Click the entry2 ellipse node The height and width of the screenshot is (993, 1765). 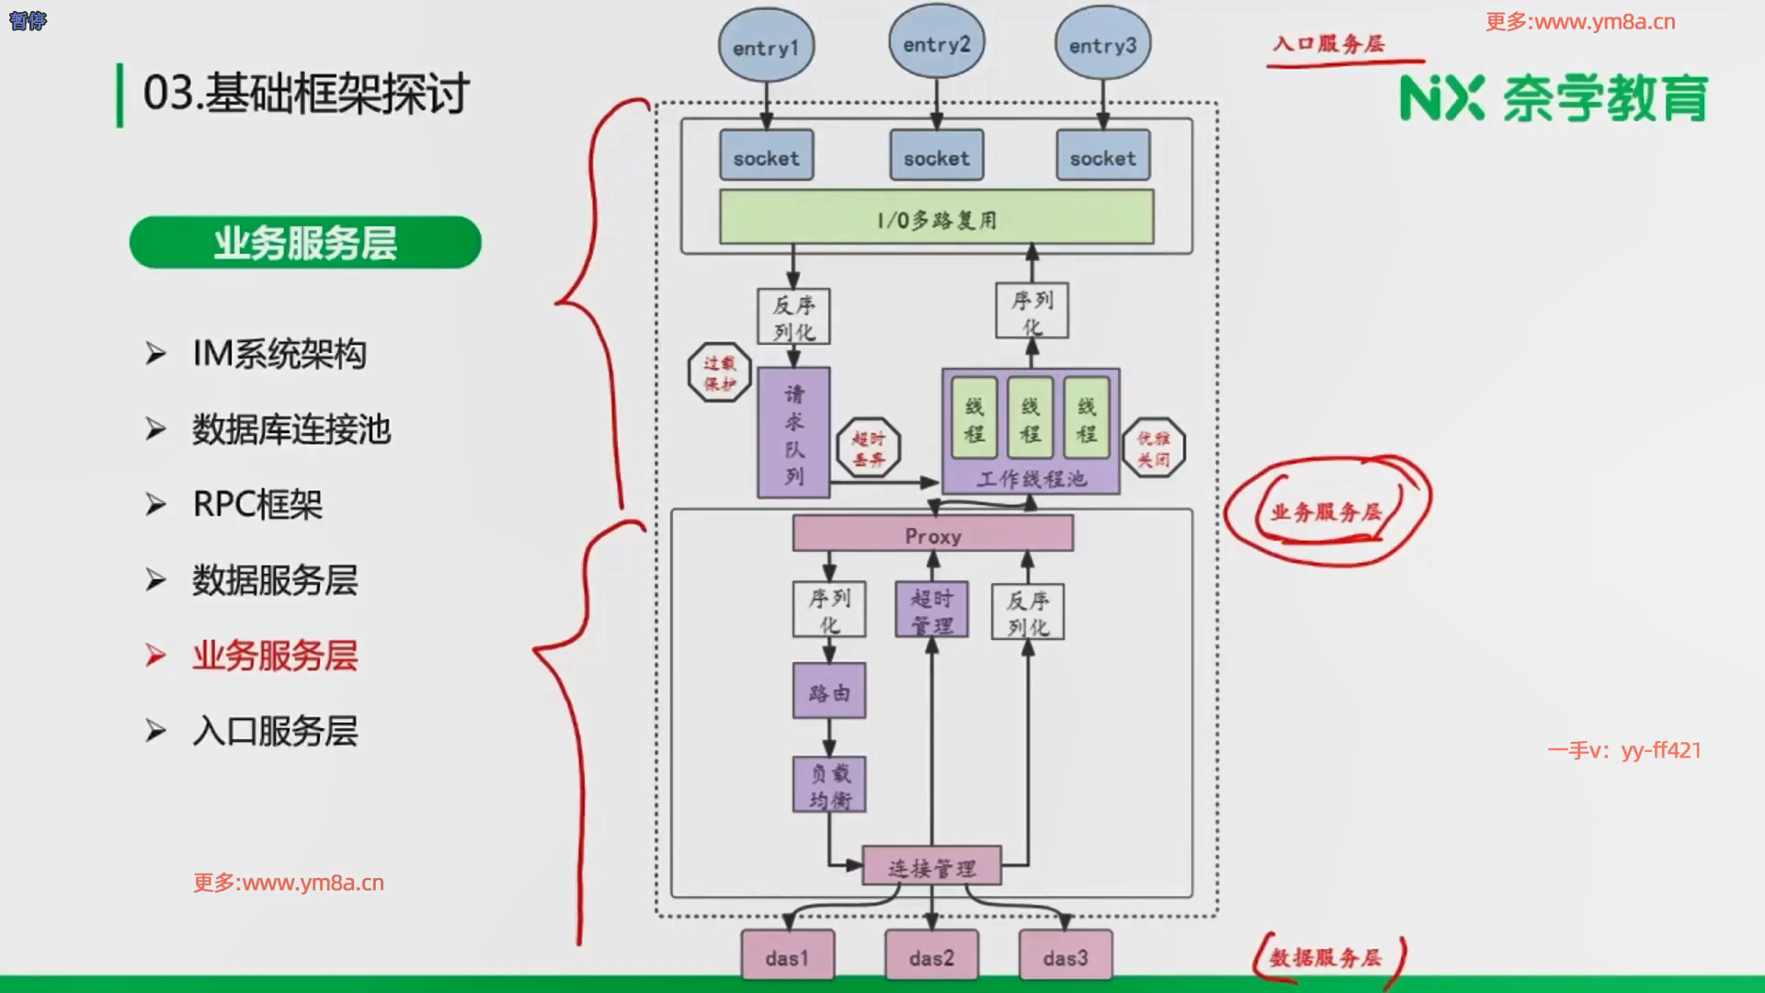936,43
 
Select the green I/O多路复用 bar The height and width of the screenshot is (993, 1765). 936,218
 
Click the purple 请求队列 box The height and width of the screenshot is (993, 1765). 793,432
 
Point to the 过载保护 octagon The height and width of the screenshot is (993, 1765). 720,372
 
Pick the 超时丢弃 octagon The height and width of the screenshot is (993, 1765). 868,449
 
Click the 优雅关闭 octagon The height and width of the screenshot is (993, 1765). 1154,449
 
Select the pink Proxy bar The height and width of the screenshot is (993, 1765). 932,534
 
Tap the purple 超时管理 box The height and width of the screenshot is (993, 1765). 931,610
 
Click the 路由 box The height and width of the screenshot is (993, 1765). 829,691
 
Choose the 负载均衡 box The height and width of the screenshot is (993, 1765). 829,784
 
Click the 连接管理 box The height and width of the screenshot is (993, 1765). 931,866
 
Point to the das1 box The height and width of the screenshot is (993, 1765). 787,956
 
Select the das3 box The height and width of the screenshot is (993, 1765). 1065,956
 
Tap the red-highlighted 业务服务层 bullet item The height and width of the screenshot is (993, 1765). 274,656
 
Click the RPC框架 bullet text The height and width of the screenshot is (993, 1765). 257,505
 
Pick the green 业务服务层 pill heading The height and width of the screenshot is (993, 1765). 305,243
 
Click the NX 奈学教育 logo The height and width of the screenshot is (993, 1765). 1554,98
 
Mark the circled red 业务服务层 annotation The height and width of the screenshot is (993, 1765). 1327,511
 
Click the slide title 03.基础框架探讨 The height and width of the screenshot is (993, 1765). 306,94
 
